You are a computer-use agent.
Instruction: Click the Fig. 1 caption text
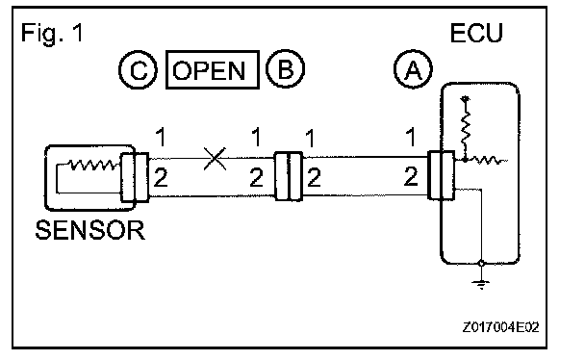[52, 33]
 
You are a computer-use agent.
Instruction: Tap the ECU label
[476, 33]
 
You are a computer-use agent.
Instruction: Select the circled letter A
[413, 69]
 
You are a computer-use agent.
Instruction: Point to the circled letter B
[286, 68]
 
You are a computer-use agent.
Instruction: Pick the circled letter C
[138, 69]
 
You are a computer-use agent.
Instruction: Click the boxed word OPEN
[213, 69]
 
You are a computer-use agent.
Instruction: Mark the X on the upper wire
[215, 159]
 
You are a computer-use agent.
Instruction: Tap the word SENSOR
[89, 230]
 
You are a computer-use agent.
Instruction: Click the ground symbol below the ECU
[481, 284]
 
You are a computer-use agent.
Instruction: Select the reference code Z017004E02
[500, 327]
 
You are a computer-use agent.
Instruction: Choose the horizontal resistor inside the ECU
[487, 161]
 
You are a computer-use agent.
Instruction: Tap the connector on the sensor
[135, 177]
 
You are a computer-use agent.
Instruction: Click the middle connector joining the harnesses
[289, 176]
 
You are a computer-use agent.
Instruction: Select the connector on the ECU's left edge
[441, 175]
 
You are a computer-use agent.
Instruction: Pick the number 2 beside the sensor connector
[161, 177]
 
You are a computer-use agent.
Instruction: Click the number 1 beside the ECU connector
[411, 137]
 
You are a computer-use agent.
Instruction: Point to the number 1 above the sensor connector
[161, 137]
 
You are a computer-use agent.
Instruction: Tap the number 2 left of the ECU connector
[411, 176]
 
